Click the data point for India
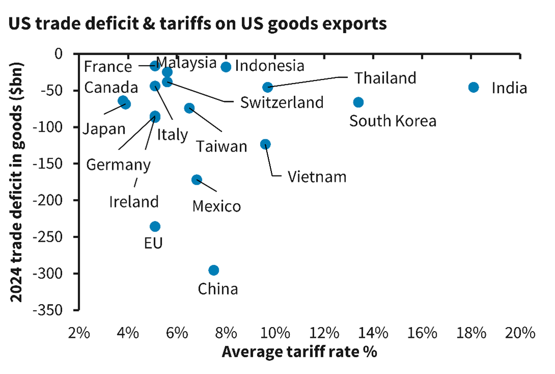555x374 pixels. [473, 87]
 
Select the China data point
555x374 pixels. [214, 270]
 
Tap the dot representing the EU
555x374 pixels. [155, 227]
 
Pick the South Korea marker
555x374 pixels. [358, 102]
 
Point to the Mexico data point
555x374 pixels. [196, 180]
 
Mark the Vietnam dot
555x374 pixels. [265, 144]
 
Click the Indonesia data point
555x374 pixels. [226, 67]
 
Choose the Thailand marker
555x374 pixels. [267, 87]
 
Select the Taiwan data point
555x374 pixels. [189, 108]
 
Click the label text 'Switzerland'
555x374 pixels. [282, 102]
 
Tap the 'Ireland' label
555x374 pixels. [134, 201]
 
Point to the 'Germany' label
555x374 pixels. [118, 165]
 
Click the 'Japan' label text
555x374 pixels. [104, 128]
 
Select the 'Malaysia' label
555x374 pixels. [186, 63]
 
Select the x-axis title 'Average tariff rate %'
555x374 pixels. [299, 352]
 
